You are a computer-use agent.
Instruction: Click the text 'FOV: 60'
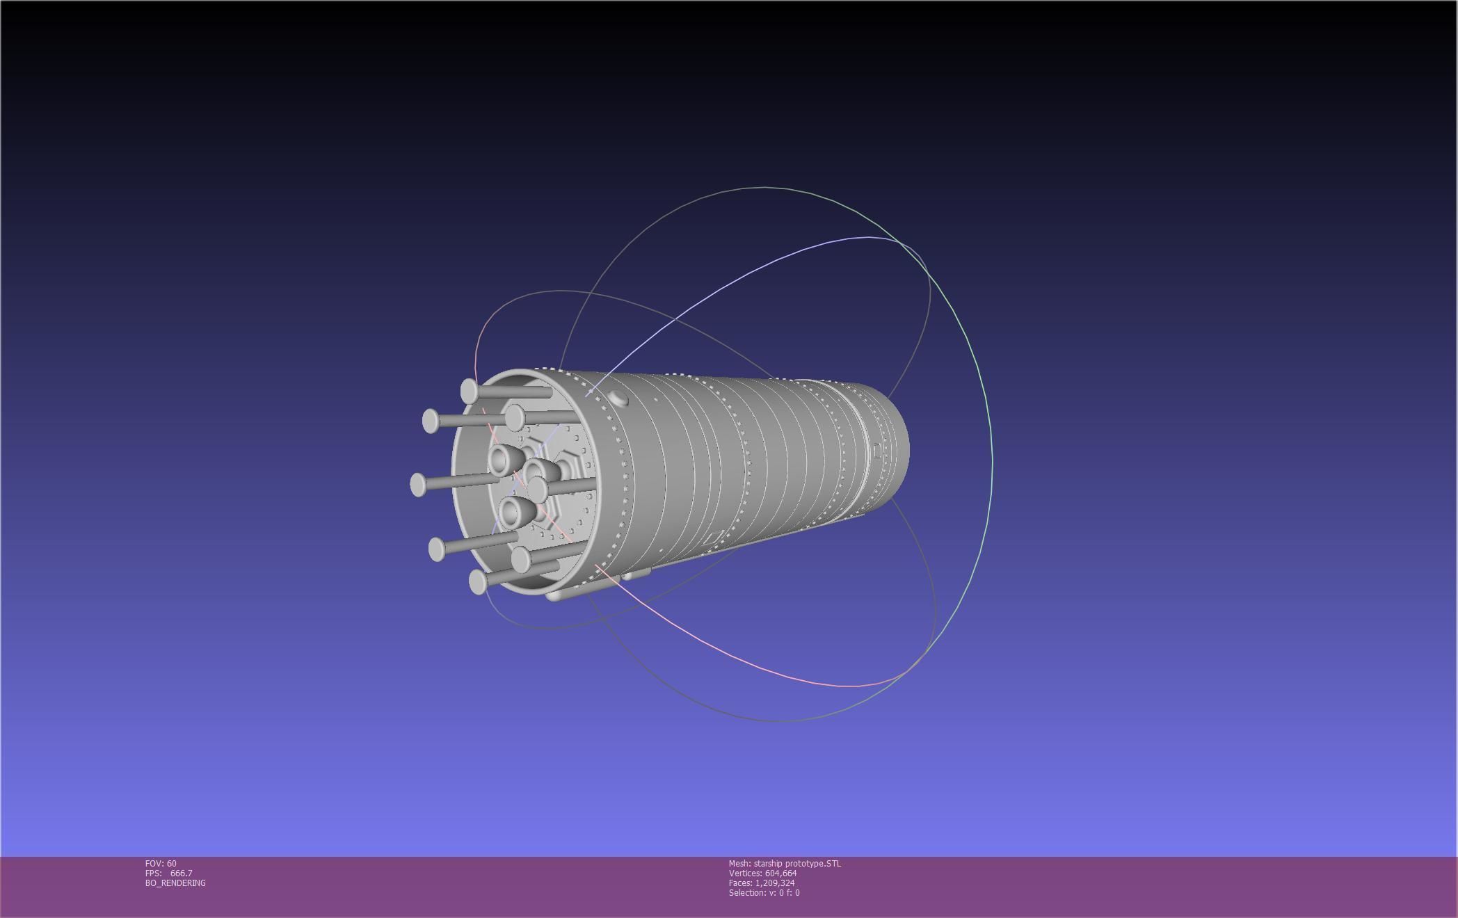click(x=161, y=863)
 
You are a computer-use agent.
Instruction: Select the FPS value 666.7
click(x=181, y=873)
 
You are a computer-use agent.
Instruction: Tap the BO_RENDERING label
click(x=175, y=883)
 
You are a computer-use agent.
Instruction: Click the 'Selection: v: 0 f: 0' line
click(x=764, y=892)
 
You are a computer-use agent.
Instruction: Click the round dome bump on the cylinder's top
click(x=618, y=398)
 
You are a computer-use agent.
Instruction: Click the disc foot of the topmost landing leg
click(x=470, y=391)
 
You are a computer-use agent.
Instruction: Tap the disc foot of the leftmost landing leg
click(x=418, y=484)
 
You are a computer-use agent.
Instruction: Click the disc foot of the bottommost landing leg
click(x=478, y=581)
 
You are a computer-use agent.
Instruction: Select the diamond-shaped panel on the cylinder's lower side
click(x=713, y=538)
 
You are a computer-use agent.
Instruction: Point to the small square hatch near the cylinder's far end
click(x=877, y=450)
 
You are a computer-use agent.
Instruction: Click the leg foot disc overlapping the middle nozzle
click(x=538, y=490)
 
